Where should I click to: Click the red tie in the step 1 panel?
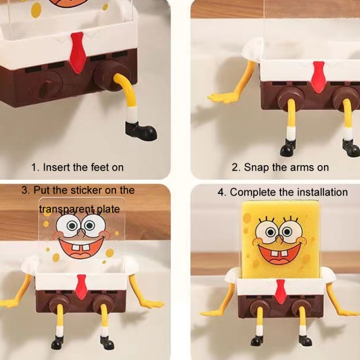pos(78,53)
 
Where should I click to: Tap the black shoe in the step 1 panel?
pos(141,131)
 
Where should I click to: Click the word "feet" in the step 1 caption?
pos(100,167)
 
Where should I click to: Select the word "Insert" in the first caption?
pos(57,167)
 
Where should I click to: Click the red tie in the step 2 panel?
pos(318,77)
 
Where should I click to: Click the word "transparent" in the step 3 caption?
pos(66,209)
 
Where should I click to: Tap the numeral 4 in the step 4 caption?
pos(220,192)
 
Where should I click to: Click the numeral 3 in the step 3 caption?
pos(24,191)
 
